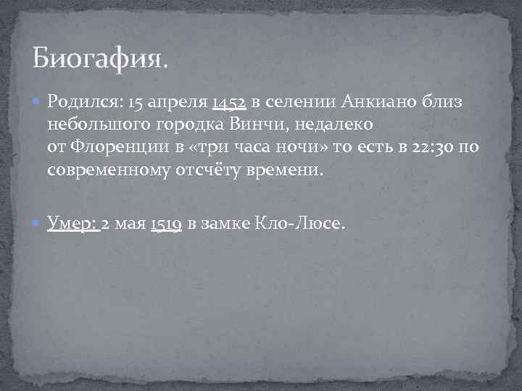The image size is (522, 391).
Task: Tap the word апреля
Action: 178,103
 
